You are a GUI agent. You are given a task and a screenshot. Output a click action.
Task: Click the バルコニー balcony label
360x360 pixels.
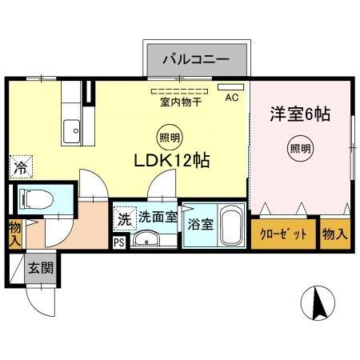point(196,59)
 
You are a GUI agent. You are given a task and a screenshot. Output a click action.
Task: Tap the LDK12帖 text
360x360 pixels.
point(171,160)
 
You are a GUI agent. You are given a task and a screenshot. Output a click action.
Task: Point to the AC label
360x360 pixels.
point(231,98)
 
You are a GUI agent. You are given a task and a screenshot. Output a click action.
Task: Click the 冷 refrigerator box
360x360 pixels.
point(20,167)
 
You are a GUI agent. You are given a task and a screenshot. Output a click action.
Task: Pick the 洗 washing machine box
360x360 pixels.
point(125,216)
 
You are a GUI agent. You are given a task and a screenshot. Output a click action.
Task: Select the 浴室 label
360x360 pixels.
point(199,225)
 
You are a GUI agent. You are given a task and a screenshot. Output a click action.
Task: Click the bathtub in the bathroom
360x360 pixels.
point(232,228)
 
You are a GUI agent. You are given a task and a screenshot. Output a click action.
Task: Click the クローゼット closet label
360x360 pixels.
point(283,234)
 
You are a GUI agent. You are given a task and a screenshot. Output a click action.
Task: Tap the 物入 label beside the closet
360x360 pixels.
point(335,234)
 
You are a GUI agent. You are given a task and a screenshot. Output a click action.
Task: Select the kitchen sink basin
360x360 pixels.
point(72,127)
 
